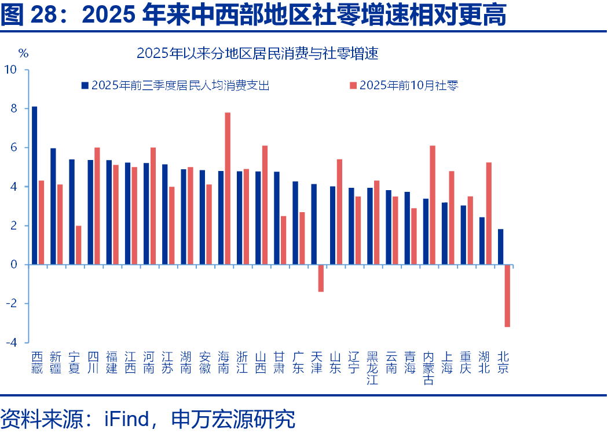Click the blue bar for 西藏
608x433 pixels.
click(35, 185)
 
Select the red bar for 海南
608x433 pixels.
click(228, 188)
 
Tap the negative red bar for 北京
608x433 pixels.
click(507, 296)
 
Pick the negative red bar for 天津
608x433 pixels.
click(321, 278)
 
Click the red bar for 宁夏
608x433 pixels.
click(78, 245)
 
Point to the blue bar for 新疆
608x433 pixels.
click(53, 206)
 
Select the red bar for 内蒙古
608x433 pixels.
click(433, 205)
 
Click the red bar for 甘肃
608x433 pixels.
click(283, 240)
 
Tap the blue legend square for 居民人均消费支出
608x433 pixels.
click(85, 86)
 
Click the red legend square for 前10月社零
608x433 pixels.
click(353, 86)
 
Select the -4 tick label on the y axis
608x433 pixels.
click(12, 343)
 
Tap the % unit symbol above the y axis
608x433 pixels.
click(23, 53)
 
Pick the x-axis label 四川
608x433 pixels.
click(92, 362)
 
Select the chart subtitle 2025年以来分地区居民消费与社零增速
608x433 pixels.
click(257, 54)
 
